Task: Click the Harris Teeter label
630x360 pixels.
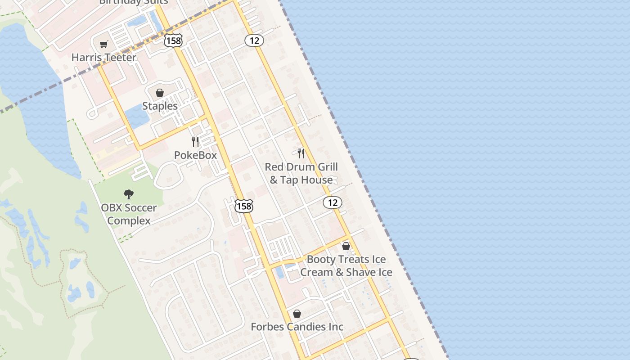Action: (x=103, y=58)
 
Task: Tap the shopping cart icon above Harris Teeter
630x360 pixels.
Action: (x=104, y=44)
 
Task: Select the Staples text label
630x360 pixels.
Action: (x=160, y=106)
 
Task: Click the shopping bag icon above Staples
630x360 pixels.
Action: (x=159, y=93)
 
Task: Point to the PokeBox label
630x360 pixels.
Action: (x=195, y=155)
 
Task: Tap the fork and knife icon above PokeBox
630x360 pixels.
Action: (x=195, y=142)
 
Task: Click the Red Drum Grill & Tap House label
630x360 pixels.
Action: (x=301, y=173)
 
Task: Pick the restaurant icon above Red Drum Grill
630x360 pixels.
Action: (x=301, y=153)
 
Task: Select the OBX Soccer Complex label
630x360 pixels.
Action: (x=129, y=214)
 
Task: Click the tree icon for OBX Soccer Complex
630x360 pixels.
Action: (x=129, y=194)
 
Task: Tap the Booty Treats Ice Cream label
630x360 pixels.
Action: (x=346, y=266)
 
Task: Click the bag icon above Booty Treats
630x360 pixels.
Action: (x=346, y=246)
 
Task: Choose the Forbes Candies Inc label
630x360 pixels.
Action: (x=297, y=327)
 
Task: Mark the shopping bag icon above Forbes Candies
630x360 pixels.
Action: (x=297, y=313)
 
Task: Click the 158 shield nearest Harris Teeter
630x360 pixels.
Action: (x=173, y=40)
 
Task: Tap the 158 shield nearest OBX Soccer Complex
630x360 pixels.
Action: (x=244, y=206)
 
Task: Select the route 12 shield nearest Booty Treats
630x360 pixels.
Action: (x=333, y=202)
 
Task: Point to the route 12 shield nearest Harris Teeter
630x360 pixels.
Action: (x=254, y=40)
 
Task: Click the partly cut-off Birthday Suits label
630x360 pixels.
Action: (x=133, y=2)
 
